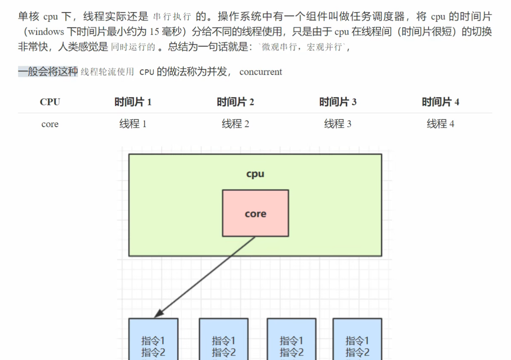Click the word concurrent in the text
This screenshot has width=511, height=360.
click(261, 72)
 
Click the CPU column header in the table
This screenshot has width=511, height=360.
click(50, 102)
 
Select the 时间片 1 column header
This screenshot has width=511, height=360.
click(133, 102)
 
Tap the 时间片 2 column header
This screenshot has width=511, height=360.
click(235, 102)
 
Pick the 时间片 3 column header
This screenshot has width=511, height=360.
click(337, 102)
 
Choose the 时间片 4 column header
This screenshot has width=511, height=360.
click(440, 102)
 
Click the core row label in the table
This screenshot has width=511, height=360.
click(50, 124)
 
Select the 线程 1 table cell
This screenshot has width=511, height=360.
click(133, 124)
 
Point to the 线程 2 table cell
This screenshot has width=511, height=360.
click(235, 124)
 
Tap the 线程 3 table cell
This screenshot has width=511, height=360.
click(337, 124)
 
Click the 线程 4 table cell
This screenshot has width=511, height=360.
click(440, 124)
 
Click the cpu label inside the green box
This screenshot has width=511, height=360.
click(255, 174)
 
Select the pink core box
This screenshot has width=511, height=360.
click(255, 213)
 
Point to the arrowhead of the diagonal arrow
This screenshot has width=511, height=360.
click(158, 315)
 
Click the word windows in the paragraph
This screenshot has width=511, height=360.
click(46, 32)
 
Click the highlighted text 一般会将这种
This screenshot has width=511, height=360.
click(48, 72)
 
